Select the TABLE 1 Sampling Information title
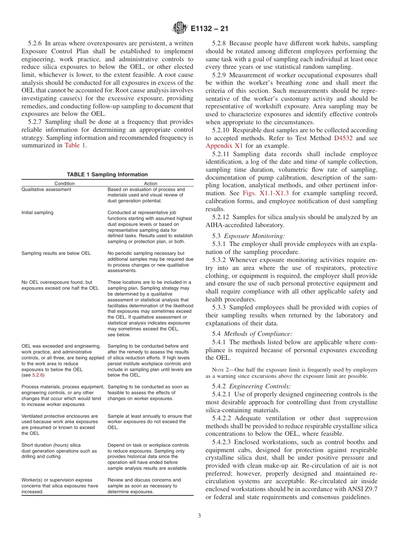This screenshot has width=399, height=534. point(108,175)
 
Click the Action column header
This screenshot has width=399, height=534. point(150,183)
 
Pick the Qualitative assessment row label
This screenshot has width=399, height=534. point(46,189)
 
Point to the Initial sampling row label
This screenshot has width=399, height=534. point(37,212)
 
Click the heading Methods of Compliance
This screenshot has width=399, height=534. point(258,334)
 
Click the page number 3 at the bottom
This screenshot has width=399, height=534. point(199,516)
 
